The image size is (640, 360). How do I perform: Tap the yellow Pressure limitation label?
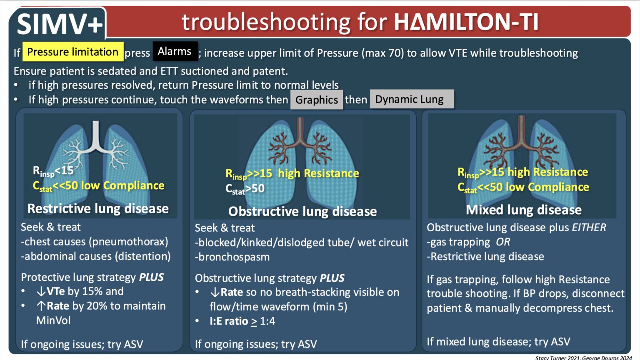(73, 52)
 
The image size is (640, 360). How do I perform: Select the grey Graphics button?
(316, 100)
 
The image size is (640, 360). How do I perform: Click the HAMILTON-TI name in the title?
(466, 22)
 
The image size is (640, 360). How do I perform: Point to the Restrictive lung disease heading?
(98, 208)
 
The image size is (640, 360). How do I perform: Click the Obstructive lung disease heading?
(302, 211)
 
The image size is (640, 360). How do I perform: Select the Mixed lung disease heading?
(524, 210)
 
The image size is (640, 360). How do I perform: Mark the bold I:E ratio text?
(229, 321)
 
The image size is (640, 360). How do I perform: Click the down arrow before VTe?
(41, 291)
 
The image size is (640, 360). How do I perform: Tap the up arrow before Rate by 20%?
(41, 306)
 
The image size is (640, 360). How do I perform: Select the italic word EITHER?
(589, 227)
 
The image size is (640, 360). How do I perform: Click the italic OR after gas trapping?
(503, 242)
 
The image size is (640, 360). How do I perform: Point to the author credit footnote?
(583, 357)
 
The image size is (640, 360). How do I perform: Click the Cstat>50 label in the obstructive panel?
(245, 189)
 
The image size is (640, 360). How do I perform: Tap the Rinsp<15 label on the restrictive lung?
(53, 171)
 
